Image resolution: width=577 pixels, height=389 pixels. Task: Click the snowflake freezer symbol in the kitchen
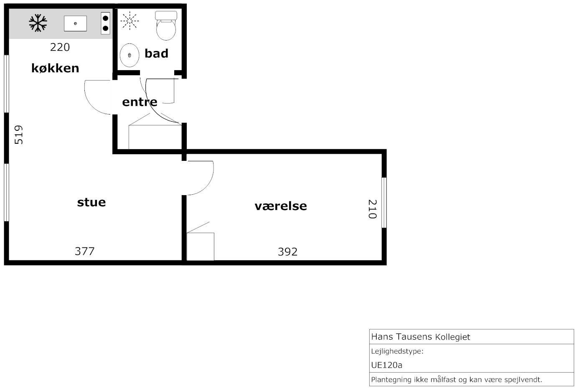(x=38, y=23)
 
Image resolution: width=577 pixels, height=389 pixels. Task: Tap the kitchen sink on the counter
(x=75, y=23)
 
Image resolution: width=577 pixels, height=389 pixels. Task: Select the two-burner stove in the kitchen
(x=105, y=23)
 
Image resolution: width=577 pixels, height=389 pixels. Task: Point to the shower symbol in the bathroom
(x=130, y=20)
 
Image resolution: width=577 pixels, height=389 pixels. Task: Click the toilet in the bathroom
(x=166, y=25)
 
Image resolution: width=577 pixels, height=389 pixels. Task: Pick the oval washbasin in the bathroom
(x=129, y=55)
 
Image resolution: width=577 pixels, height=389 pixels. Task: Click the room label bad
(x=156, y=53)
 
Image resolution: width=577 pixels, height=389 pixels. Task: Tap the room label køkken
(x=55, y=68)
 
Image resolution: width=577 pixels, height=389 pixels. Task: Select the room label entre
(x=140, y=102)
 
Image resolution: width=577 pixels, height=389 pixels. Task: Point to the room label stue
(x=92, y=202)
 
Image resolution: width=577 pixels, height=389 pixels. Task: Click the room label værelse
(x=281, y=206)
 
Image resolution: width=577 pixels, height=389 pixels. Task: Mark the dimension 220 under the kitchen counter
(x=60, y=47)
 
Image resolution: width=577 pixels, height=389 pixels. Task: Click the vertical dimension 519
(x=18, y=135)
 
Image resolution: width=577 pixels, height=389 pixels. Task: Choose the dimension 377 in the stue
(x=85, y=251)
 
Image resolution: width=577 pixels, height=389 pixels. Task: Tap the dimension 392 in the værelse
(x=288, y=252)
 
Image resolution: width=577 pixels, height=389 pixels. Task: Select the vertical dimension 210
(x=372, y=209)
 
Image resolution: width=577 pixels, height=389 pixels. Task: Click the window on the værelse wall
(x=384, y=203)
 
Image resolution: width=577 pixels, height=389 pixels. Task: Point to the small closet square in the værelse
(x=201, y=247)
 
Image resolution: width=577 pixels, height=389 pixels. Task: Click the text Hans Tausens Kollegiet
(x=421, y=337)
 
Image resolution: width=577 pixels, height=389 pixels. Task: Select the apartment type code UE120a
(x=386, y=365)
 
